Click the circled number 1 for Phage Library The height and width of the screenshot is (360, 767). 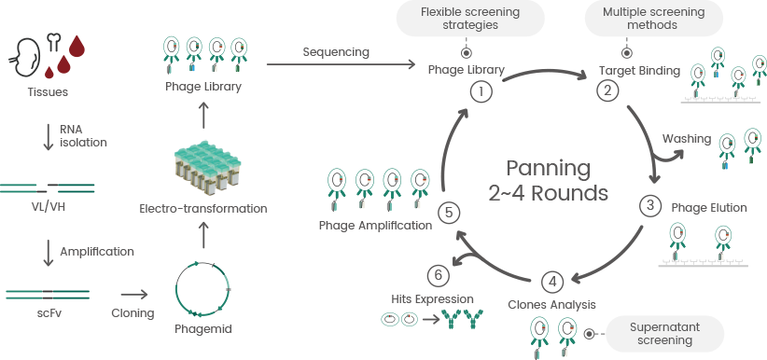(481, 91)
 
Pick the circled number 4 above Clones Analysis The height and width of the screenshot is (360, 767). (552, 282)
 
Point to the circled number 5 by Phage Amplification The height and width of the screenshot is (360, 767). (449, 213)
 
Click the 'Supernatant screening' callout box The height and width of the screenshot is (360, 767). (665, 333)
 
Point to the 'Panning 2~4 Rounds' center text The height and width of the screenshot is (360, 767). (548, 181)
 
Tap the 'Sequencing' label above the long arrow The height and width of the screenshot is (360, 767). (336, 51)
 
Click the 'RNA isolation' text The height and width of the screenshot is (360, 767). (84, 136)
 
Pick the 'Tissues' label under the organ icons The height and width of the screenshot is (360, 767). (49, 91)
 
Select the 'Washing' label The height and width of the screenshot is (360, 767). (686, 139)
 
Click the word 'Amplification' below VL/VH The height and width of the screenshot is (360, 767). (97, 251)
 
